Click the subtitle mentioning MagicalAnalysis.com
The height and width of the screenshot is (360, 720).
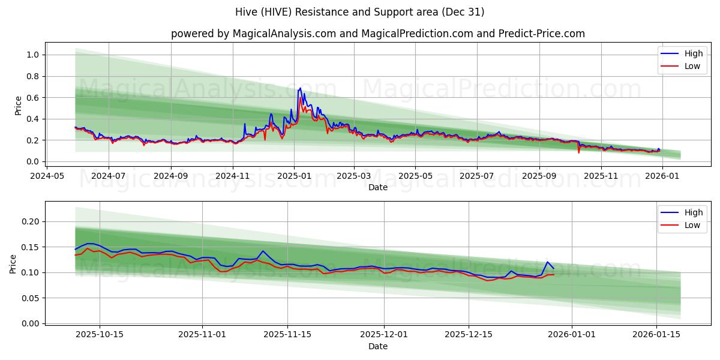pyautogui.click(x=377, y=34)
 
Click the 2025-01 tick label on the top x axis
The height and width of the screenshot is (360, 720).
pyautogui.click(x=293, y=176)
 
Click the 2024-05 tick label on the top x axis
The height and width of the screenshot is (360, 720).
pyautogui.click(x=47, y=176)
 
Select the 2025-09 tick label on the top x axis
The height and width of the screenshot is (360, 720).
pyautogui.click(x=539, y=176)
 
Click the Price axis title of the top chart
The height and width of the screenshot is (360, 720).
pyautogui.click(x=18, y=106)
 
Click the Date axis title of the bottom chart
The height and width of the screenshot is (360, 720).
pyautogui.click(x=377, y=346)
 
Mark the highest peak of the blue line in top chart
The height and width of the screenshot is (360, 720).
pyautogui.click(x=300, y=88)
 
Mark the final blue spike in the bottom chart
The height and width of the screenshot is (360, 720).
pyautogui.click(x=547, y=262)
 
